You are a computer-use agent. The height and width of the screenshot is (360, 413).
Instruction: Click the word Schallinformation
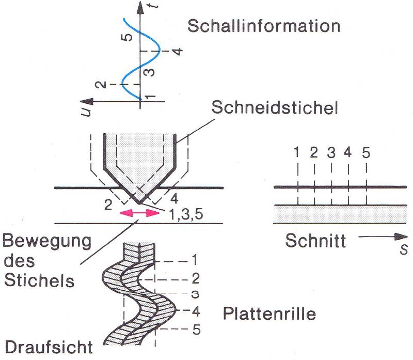point(264,26)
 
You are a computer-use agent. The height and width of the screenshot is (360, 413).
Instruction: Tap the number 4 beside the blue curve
point(176,52)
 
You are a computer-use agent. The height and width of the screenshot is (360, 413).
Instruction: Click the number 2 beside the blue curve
point(103,83)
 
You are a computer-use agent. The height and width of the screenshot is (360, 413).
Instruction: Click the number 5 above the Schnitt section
point(366,152)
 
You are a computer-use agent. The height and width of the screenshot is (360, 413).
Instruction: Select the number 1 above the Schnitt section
point(296,152)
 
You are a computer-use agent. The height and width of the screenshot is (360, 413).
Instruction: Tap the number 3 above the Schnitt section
point(331,152)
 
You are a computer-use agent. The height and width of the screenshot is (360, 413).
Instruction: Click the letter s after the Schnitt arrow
point(406,251)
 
